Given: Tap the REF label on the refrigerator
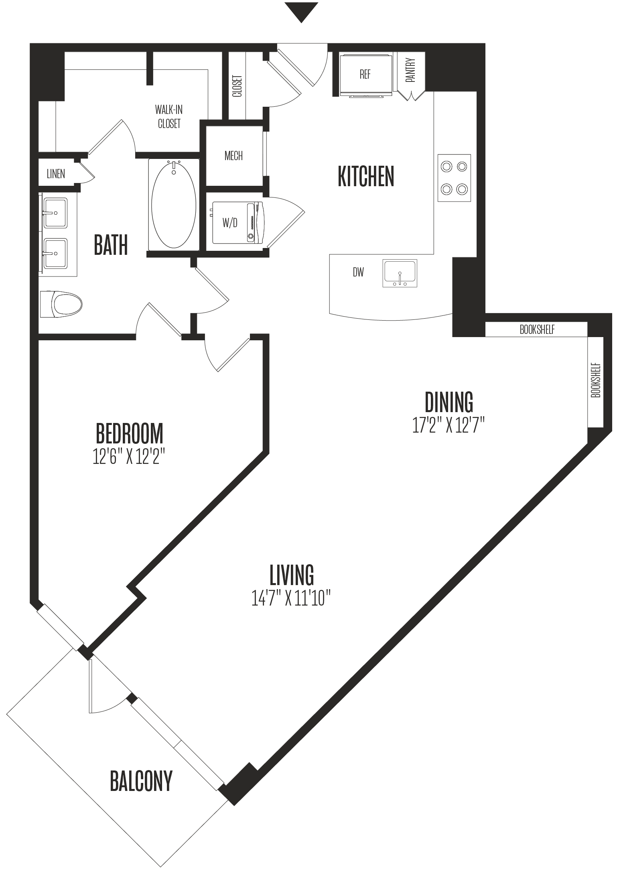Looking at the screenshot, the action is click(365, 74).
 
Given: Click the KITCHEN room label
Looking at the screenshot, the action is click(366, 177).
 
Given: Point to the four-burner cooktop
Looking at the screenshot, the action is click(454, 178).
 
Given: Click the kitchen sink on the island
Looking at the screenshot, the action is click(400, 273).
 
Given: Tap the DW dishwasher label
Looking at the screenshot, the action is click(358, 272).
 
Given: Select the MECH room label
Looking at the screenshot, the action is click(233, 156).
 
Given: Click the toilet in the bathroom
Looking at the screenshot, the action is click(61, 304).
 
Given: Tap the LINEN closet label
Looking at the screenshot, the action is click(56, 174).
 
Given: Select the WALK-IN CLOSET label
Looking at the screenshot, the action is click(169, 116).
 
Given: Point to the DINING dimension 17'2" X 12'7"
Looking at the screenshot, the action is click(449, 425).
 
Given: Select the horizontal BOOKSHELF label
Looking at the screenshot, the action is click(537, 329).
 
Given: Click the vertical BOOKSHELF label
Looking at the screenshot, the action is click(596, 380).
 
